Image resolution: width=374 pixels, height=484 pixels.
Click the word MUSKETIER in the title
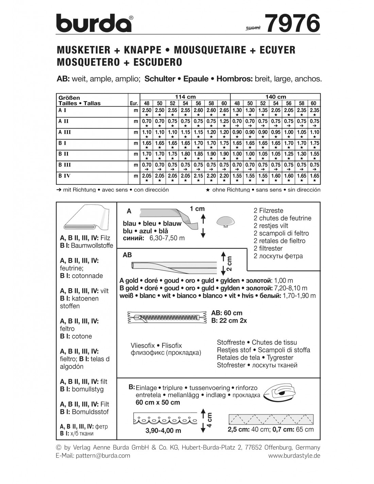coord(84,50)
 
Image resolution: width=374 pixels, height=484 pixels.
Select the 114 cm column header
coord(185,97)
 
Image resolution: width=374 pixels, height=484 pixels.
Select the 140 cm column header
coord(275,97)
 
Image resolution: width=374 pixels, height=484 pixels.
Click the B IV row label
coord(65,176)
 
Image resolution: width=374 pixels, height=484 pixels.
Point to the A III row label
coord(65,132)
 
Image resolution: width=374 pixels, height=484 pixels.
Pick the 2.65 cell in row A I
coord(224,110)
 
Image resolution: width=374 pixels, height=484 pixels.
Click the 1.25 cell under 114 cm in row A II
coord(224,121)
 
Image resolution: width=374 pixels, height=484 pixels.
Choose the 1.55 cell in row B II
coord(314,154)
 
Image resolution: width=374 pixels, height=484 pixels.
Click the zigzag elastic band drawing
coord(271,419)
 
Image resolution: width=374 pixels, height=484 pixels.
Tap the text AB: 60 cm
coord(227,313)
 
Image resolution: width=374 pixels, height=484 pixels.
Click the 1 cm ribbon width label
coord(197,209)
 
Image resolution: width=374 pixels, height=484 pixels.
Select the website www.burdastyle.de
coord(294,455)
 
